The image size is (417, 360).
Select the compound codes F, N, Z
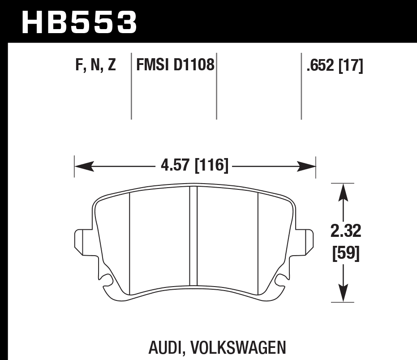click(x=95, y=66)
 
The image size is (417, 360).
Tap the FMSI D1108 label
click(x=175, y=66)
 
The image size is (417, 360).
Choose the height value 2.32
click(x=345, y=232)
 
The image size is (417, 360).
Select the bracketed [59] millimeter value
click(x=345, y=253)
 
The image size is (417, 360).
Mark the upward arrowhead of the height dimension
click(x=343, y=190)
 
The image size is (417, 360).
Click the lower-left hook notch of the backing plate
click(x=106, y=281)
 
